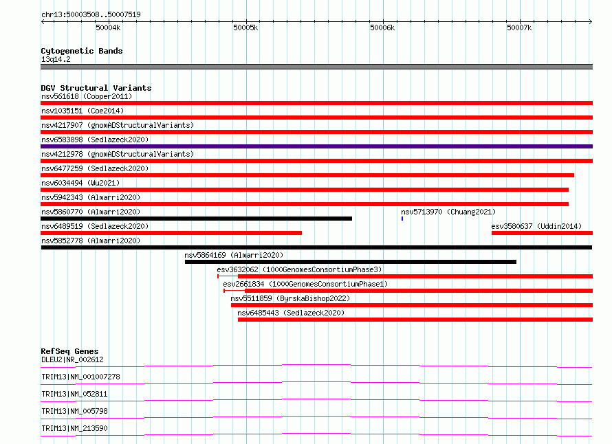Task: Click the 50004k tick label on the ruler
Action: [x=108, y=27]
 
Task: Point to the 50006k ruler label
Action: [x=382, y=27]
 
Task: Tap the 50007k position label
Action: [x=519, y=27]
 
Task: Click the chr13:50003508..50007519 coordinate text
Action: [x=91, y=14]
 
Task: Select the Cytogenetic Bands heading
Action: [x=82, y=51]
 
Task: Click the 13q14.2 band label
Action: [x=56, y=59]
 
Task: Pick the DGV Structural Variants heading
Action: [x=96, y=88]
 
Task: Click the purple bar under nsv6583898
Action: [x=316, y=146]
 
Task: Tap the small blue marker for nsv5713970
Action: [x=402, y=219]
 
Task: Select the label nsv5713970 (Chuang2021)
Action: [x=448, y=212]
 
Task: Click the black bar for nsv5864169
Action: [x=351, y=262]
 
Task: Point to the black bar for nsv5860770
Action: [x=197, y=219]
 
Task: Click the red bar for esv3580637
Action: [x=542, y=233]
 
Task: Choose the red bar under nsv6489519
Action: [x=171, y=233]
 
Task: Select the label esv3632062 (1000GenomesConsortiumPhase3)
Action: [x=299, y=269]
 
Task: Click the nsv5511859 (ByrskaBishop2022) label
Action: [x=290, y=298]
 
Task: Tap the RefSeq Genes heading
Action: [x=69, y=351]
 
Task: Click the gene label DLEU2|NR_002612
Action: [x=72, y=359]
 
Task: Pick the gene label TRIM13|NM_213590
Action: [x=74, y=428]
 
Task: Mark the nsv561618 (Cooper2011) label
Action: [x=87, y=96]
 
